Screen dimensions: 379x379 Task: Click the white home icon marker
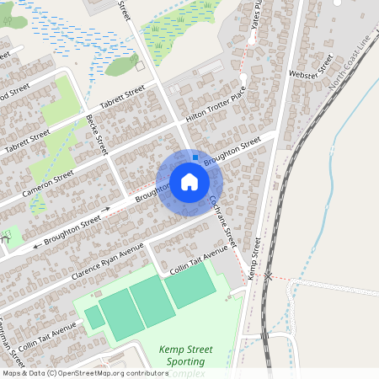tap(189, 182)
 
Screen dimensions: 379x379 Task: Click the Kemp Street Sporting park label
tap(185, 355)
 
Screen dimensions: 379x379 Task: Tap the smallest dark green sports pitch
tap(94, 318)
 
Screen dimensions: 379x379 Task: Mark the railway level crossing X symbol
tap(268, 275)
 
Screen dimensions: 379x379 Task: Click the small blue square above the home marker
tap(195, 157)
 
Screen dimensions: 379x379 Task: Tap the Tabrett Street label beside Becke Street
tap(123, 99)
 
